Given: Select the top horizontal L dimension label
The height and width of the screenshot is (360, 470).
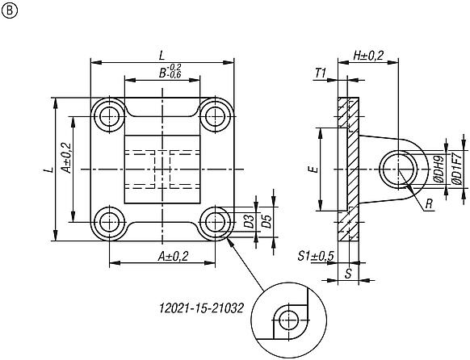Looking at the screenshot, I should (162, 55).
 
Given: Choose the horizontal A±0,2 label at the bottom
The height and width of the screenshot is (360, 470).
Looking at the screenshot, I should (163, 256).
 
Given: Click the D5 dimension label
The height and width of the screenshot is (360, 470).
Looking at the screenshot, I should (266, 222).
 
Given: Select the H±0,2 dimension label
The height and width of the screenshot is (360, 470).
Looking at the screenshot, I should (368, 55).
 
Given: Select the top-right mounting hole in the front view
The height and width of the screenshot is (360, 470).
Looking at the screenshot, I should (216, 116).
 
